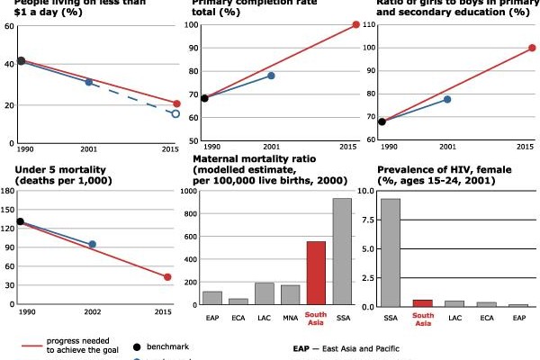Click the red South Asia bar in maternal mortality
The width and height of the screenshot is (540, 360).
(x=316, y=273)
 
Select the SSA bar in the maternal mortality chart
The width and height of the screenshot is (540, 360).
(x=342, y=251)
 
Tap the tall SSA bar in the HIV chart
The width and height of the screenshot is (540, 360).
(x=391, y=252)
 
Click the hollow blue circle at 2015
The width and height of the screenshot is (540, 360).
(x=175, y=114)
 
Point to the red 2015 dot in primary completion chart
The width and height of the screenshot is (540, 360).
(x=355, y=24)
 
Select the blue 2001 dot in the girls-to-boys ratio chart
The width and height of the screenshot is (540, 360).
(x=447, y=99)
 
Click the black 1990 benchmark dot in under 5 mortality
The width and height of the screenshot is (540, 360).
(x=20, y=220)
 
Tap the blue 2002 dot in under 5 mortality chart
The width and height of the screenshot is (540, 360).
(x=92, y=244)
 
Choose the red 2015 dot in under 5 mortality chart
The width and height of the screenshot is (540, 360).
(x=167, y=277)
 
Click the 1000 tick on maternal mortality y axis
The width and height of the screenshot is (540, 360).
(x=189, y=191)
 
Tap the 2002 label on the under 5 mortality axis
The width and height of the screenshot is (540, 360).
(x=92, y=311)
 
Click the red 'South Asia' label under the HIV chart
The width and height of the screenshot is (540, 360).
(x=422, y=319)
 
